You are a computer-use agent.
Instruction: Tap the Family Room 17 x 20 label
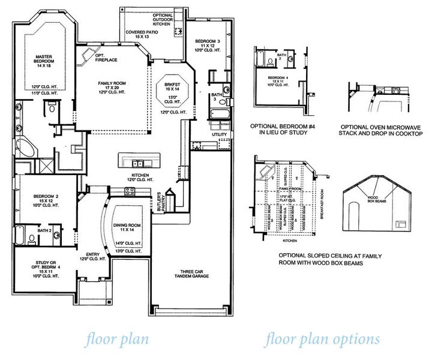click(110, 89)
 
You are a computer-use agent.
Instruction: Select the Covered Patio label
click(142, 34)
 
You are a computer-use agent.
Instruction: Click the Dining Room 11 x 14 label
click(126, 227)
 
